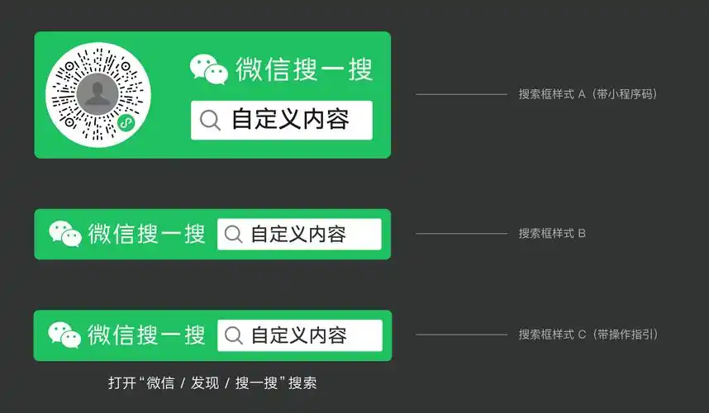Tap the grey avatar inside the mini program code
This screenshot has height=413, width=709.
tap(98, 94)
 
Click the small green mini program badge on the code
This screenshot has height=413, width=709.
tap(126, 124)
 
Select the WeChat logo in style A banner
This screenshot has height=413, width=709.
tap(208, 69)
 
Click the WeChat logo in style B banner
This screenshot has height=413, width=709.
tap(65, 234)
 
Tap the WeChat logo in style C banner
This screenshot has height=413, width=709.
tap(64, 335)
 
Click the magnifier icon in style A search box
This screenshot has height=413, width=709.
tap(211, 121)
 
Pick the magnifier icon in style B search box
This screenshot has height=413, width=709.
tap(235, 235)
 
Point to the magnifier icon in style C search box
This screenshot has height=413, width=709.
tap(235, 335)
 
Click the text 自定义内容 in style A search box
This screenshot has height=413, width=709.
tap(290, 120)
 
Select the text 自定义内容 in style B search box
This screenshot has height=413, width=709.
tap(298, 235)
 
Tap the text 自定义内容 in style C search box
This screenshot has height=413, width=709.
tap(298, 335)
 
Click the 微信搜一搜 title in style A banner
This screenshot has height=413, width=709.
tap(304, 69)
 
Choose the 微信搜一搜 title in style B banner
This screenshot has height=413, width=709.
tap(147, 234)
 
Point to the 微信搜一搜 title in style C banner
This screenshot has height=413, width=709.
tap(147, 335)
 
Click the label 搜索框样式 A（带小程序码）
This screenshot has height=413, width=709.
tap(588, 94)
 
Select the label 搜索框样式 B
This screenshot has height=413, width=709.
tap(552, 233)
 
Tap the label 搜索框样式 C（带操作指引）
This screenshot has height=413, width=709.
tap(588, 335)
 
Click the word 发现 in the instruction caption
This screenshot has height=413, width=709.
tap(204, 383)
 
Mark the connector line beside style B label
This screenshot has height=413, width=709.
tap(461, 234)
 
